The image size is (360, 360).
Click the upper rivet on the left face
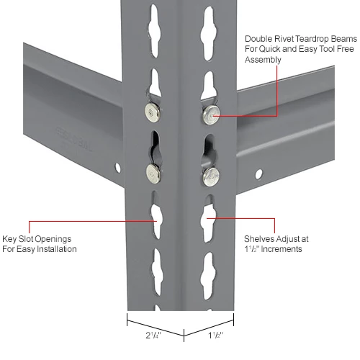click(153, 112)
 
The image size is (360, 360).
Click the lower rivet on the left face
click(153, 174)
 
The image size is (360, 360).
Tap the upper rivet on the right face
click(212, 114)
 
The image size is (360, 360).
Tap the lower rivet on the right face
click(211, 176)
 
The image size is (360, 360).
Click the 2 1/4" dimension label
click(153, 336)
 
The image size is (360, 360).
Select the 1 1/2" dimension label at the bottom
click(215, 336)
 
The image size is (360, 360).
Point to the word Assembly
click(263, 60)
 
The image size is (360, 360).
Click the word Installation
click(56, 249)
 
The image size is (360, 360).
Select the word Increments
click(282, 249)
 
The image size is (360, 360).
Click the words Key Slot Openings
click(37, 239)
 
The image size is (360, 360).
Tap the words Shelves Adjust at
click(276, 239)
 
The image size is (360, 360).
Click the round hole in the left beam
click(118, 167)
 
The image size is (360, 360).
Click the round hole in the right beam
click(258, 174)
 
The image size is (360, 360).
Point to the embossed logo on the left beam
click(73, 138)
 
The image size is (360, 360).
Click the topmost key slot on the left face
click(154, 30)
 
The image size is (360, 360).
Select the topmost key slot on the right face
click(208, 33)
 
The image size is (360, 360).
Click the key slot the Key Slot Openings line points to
click(156, 215)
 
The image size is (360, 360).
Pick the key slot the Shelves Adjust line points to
click(208, 218)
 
